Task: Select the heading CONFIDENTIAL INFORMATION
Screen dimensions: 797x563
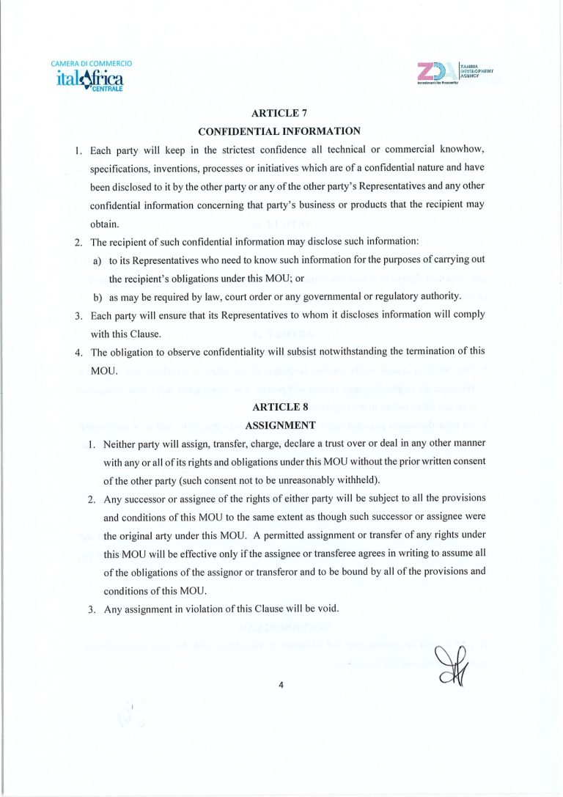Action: [x=280, y=131]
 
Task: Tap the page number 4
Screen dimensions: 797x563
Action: [x=281, y=686]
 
